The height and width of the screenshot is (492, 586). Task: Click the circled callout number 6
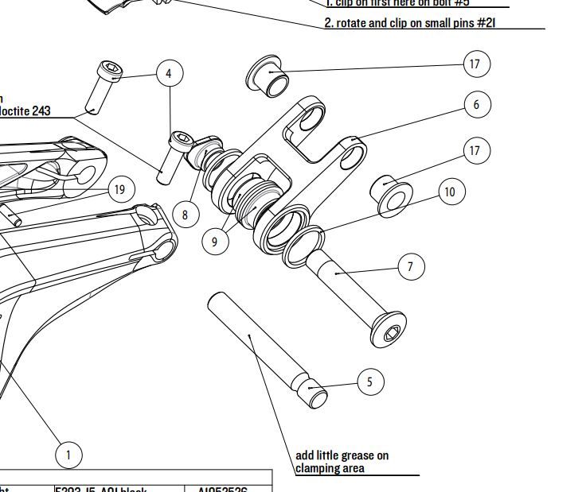point(476,104)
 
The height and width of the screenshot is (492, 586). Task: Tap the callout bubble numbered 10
point(451,192)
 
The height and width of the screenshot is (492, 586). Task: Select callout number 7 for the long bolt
point(410,266)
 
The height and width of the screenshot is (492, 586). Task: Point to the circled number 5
point(369,382)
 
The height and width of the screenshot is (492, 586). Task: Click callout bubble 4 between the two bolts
point(169,74)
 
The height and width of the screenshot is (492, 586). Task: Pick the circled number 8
point(185,215)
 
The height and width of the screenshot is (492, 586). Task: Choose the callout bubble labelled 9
point(214,242)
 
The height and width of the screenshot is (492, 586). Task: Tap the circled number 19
point(119,189)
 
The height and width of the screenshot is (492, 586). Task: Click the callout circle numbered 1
point(68,455)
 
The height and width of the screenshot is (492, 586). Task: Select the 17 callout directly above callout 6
point(475,64)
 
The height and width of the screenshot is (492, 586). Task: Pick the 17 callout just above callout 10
point(475,150)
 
